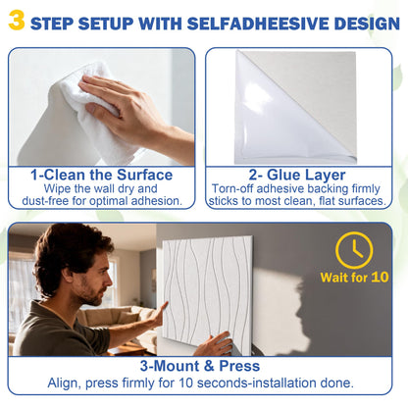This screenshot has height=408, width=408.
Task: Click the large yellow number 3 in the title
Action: pyautogui.click(x=17, y=20)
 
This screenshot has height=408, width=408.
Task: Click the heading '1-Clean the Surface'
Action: pyautogui.click(x=101, y=175)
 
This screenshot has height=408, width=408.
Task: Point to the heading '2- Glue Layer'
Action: pyautogui.click(x=297, y=175)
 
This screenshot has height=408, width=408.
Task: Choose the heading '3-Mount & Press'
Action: pyautogui.click(x=200, y=366)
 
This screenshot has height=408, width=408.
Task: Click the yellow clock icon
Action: pyautogui.click(x=354, y=250)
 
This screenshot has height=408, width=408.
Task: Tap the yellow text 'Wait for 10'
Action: pyautogui.click(x=354, y=278)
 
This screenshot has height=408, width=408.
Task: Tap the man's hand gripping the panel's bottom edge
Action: pyautogui.click(x=214, y=344)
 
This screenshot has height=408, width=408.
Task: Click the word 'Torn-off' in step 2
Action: pyautogui.click(x=232, y=188)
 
